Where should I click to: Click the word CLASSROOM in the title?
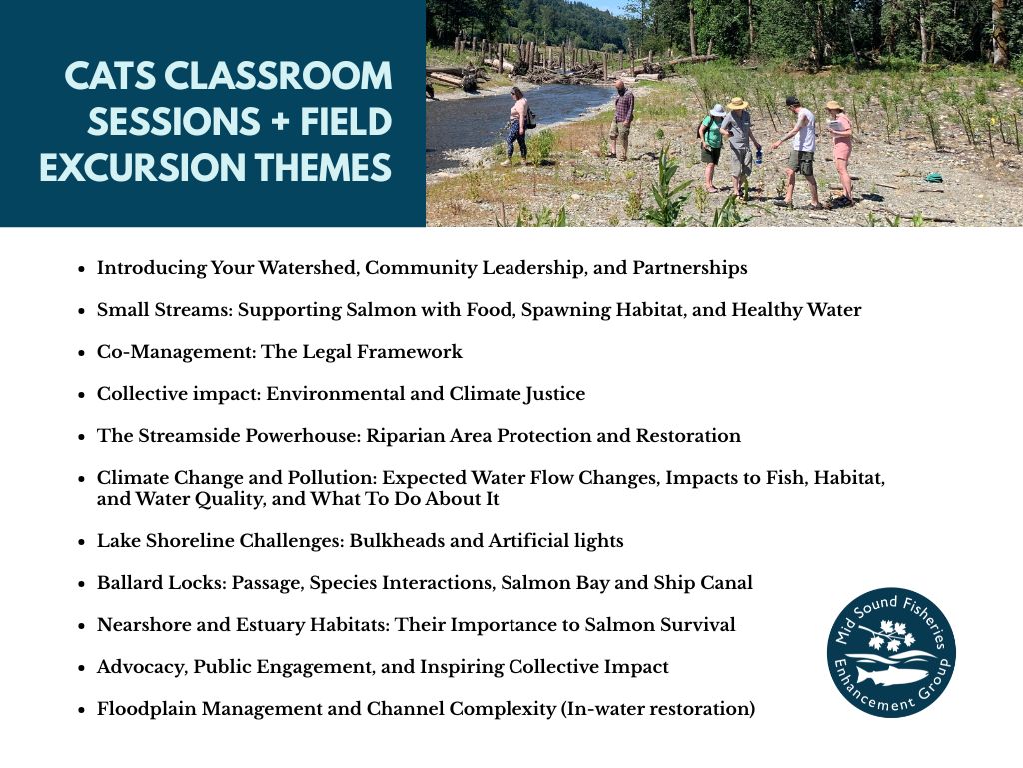[278, 76]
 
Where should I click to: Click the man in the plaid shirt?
[622, 120]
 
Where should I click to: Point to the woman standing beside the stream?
[518, 125]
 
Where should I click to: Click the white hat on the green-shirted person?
[717, 110]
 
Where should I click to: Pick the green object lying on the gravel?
[934, 177]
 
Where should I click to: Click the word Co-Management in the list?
[176, 352]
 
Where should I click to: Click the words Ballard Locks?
[161, 583]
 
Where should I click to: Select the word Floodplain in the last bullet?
[146, 709]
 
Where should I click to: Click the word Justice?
[554, 394]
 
